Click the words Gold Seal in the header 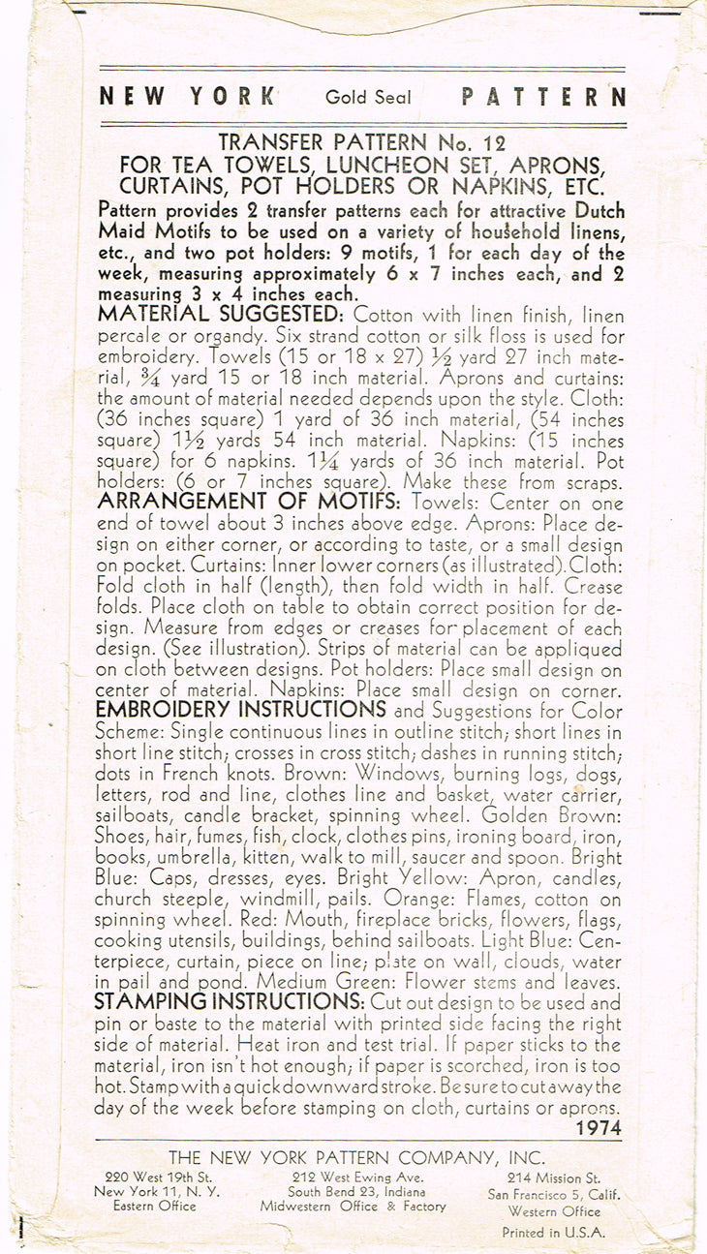368,98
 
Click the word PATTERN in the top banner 543,98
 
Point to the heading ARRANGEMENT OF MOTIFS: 251,502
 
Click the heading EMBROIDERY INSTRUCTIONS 230,710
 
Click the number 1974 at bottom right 598,1128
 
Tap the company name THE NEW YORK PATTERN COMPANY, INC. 356,1157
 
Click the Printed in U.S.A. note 553,1233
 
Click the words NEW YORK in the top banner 187,98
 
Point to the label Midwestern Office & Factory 353,1207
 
